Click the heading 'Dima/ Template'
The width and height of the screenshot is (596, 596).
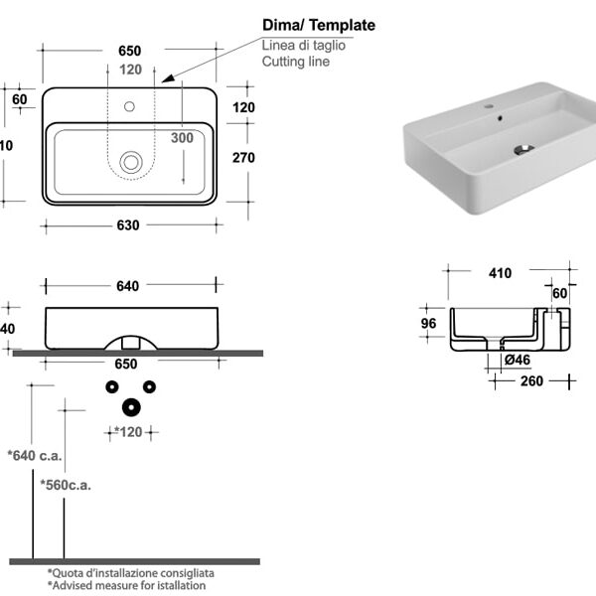(x=318, y=25)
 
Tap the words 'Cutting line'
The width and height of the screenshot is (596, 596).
(x=296, y=62)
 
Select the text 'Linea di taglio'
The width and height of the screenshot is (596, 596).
(x=306, y=45)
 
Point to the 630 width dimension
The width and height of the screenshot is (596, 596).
(x=128, y=225)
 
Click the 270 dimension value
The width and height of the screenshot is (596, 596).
(x=243, y=157)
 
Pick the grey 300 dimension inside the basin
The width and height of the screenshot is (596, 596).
(x=182, y=138)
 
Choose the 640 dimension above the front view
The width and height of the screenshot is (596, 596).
(x=127, y=286)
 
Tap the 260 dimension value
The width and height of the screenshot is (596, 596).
(x=531, y=380)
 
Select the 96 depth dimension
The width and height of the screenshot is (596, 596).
(x=428, y=323)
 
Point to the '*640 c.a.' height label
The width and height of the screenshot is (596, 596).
(x=35, y=455)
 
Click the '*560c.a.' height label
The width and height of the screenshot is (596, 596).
(x=66, y=485)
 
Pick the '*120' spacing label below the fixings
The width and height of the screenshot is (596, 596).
(x=128, y=432)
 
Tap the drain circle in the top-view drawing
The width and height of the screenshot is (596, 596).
(x=130, y=160)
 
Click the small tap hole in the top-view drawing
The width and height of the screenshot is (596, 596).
(x=129, y=104)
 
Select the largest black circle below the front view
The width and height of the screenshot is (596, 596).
(x=130, y=406)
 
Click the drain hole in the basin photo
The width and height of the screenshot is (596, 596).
(x=523, y=150)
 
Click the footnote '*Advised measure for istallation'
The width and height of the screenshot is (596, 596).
(x=126, y=585)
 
